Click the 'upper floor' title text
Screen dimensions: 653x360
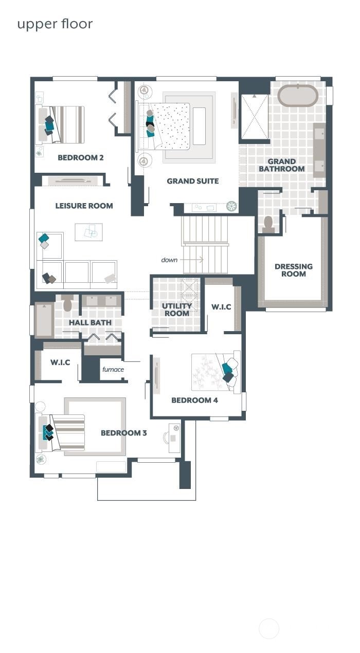[55, 24]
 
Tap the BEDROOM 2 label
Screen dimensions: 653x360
[80, 157]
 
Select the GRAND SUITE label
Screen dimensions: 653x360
[192, 181]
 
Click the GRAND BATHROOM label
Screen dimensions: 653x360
[281, 165]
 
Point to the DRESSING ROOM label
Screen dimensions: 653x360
[293, 270]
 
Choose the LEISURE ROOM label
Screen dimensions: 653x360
[84, 206]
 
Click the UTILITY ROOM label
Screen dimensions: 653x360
[176, 310]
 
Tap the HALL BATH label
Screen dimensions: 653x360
[91, 322]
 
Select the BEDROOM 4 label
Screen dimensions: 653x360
[194, 400]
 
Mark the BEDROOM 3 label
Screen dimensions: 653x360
[123, 433]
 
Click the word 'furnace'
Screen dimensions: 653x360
[113, 369]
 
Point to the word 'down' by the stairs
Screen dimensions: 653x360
[169, 260]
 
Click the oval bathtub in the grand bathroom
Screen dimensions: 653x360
[298, 96]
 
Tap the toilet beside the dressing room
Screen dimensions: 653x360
[267, 223]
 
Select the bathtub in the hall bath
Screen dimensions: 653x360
[44, 320]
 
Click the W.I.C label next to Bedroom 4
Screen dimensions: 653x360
[221, 307]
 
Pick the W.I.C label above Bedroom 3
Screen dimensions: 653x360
[60, 362]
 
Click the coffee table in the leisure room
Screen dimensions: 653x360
[88, 232]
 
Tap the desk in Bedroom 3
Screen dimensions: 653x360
[174, 438]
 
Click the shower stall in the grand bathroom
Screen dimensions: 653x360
[254, 116]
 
